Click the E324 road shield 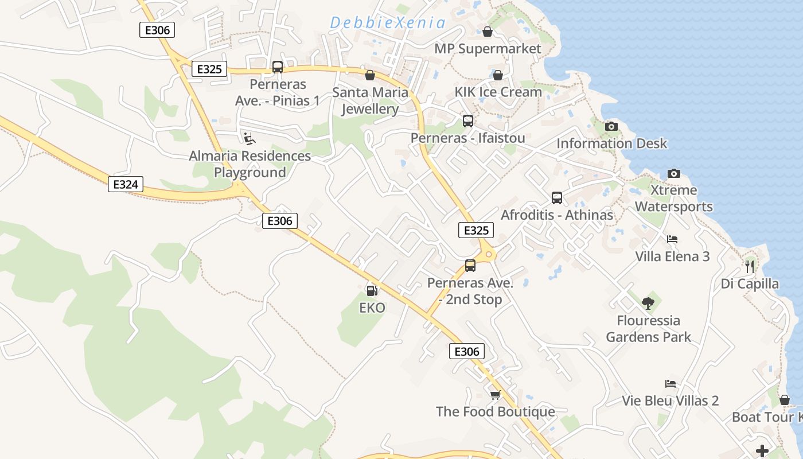click(x=125, y=184)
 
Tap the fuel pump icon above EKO click(x=372, y=291)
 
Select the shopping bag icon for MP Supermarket click(x=488, y=32)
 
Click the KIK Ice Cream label click(x=498, y=92)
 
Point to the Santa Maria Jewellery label click(x=371, y=100)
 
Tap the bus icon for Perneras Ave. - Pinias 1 click(x=278, y=67)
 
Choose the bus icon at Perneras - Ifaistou click(x=468, y=121)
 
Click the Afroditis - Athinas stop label click(x=557, y=215)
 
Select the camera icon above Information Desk click(x=611, y=126)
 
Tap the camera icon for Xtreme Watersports click(x=674, y=173)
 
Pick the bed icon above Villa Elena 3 click(x=672, y=239)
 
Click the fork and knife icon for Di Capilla click(x=749, y=266)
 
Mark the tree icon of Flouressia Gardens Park click(x=648, y=303)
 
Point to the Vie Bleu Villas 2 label click(x=671, y=400)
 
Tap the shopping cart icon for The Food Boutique click(x=495, y=395)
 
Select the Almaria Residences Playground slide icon click(x=250, y=138)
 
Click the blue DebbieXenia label click(x=388, y=23)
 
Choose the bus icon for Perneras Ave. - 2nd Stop click(x=470, y=266)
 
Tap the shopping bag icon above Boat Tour click(x=784, y=400)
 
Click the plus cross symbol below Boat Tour click(x=762, y=450)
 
